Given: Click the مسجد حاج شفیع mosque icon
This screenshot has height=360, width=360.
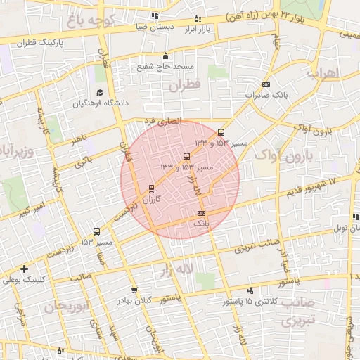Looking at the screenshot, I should [x=165, y=56].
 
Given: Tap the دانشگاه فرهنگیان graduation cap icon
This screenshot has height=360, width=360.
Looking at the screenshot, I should [x=99, y=93].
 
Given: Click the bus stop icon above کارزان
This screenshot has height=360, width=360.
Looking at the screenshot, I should [x=151, y=188].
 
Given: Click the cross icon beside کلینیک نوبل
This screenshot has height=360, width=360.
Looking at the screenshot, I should [x=25, y=269].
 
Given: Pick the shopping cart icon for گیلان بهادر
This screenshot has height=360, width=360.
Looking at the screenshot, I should [x=134, y=290].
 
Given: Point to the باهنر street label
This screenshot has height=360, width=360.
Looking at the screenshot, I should [x=79, y=140].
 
